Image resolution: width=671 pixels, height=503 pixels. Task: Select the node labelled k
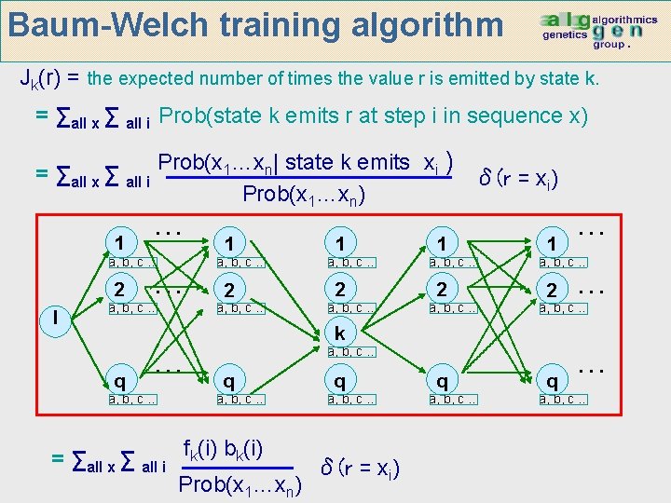pyautogui.click(x=342, y=333)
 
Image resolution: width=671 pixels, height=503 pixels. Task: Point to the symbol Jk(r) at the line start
pyautogui.click(x=44, y=78)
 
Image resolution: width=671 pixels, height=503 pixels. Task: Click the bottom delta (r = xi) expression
pyautogui.click(x=361, y=468)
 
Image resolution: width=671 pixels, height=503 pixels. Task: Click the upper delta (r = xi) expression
pyautogui.click(x=519, y=175)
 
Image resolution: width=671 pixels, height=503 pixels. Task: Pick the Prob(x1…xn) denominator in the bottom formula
pyautogui.click(x=240, y=484)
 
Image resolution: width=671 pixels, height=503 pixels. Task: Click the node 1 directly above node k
pyautogui.click(x=341, y=243)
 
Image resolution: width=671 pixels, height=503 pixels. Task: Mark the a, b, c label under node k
pyautogui.click(x=351, y=352)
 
